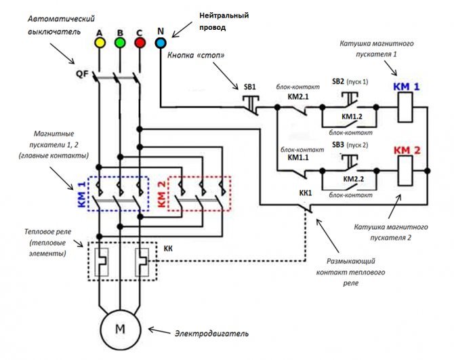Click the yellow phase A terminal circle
pyautogui.click(x=100, y=43)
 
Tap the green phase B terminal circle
pyautogui.click(x=120, y=43)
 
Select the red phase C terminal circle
pyautogui.click(x=140, y=43)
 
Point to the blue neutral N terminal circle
pyautogui.click(x=160, y=43)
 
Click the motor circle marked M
pyautogui.click(x=120, y=329)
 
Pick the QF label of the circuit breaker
pyautogui.click(x=82, y=74)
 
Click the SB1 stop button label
pyautogui.click(x=249, y=87)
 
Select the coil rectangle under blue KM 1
pyautogui.click(x=405, y=107)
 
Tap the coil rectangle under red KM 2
pyautogui.click(x=405, y=171)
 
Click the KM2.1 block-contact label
pyautogui.click(x=298, y=97)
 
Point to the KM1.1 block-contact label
pyautogui.click(x=298, y=157)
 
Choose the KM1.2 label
pyautogui.click(x=352, y=117)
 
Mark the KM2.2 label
pyautogui.click(x=353, y=179)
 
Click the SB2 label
pyautogui.click(x=338, y=81)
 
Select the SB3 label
pyautogui.click(x=338, y=144)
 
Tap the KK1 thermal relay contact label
pyautogui.click(x=306, y=193)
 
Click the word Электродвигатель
pyautogui.click(x=211, y=334)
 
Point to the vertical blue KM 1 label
pyautogui.click(x=82, y=195)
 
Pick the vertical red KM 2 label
pyautogui.click(x=162, y=195)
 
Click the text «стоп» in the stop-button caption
pyautogui.click(x=210, y=56)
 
